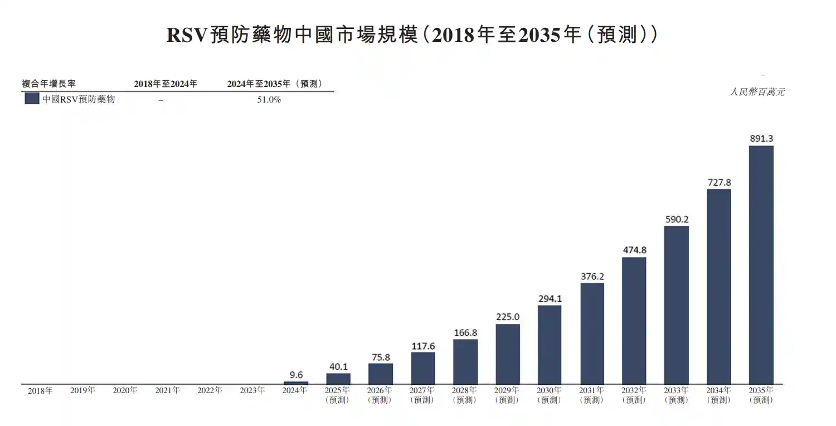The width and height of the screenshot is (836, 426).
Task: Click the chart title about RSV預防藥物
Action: tap(412, 35)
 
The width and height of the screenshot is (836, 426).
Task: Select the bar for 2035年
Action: tap(761, 265)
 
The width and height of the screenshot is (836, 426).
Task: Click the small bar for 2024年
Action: tap(295, 383)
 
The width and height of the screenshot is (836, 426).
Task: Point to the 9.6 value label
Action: tap(296, 375)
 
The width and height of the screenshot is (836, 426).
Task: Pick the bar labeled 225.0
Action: tap(508, 354)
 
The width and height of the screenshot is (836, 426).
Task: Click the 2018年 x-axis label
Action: tap(40, 391)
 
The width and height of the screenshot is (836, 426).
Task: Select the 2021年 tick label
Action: tap(167, 391)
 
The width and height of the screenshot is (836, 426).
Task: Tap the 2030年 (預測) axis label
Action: tap(550, 395)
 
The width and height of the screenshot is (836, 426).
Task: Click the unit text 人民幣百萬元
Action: tap(757, 92)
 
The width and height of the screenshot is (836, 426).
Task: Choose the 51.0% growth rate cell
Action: tap(269, 100)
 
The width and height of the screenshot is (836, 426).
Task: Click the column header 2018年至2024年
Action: tap(166, 84)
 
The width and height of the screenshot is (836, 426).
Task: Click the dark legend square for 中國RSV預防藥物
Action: tap(32, 99)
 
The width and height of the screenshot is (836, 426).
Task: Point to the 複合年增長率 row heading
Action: tap(48, 84)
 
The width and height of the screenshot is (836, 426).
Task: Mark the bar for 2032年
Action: tap(634, 321)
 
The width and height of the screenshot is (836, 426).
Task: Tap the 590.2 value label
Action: tap(677, 220)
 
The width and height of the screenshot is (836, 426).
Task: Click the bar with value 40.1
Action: tap(338, 379)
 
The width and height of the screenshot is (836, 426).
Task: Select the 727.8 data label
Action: tap(719, 182)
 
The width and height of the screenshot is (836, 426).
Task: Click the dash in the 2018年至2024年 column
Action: tap(161, 100)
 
